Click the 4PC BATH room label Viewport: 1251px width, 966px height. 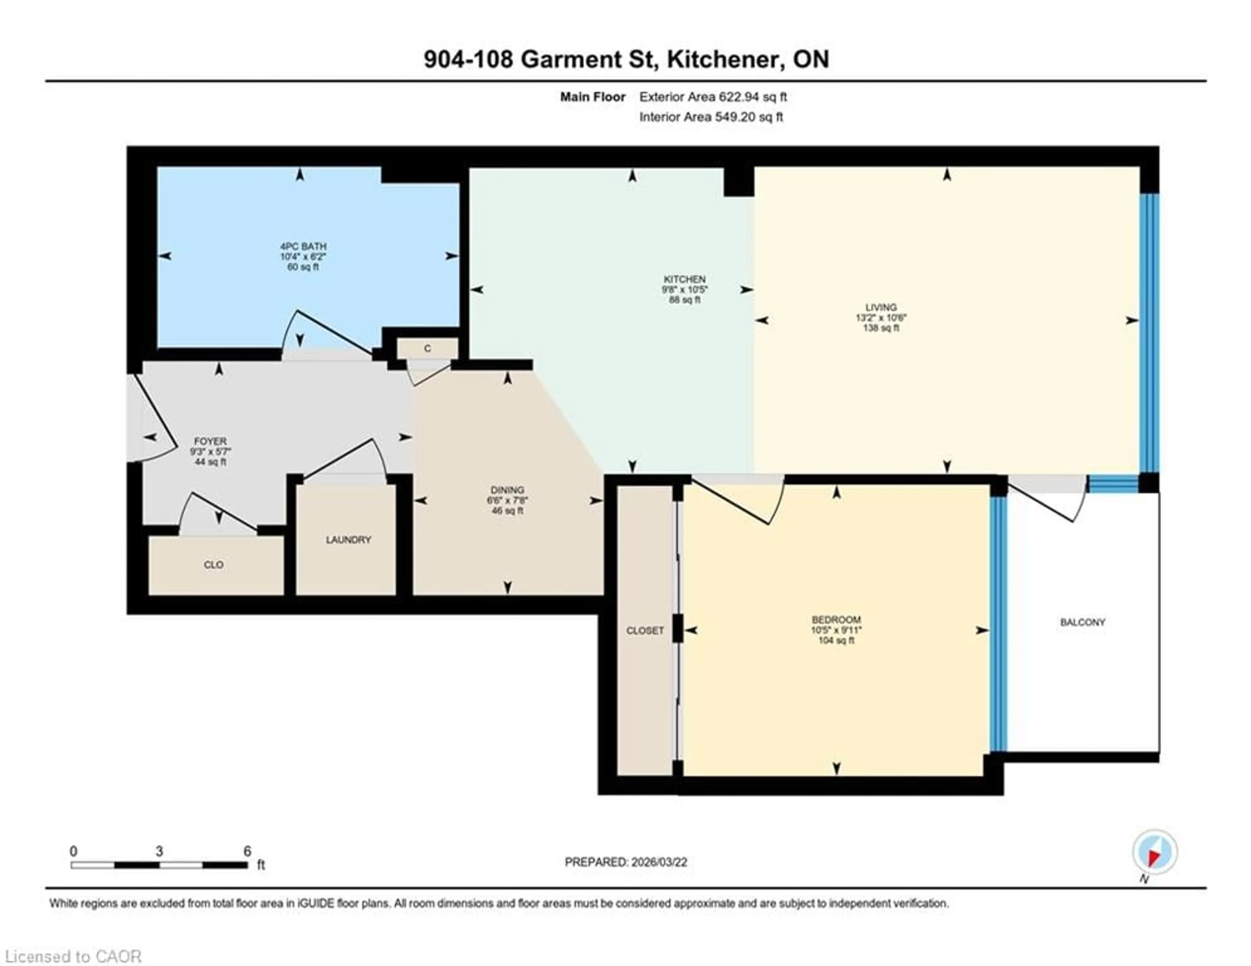(303, 246)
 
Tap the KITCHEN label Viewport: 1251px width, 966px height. (684, 279)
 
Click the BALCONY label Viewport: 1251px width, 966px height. (1082, 622)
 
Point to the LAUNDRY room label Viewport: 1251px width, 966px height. (348, 540)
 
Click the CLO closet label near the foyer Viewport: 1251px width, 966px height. (214, 565)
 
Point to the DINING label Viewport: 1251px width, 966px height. (507, 490)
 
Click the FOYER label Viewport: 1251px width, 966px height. (210, 441)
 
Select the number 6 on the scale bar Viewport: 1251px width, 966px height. (247, 851)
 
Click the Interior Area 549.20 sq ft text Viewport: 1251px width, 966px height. (711, 117)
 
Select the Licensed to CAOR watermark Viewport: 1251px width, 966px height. (73, 956)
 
